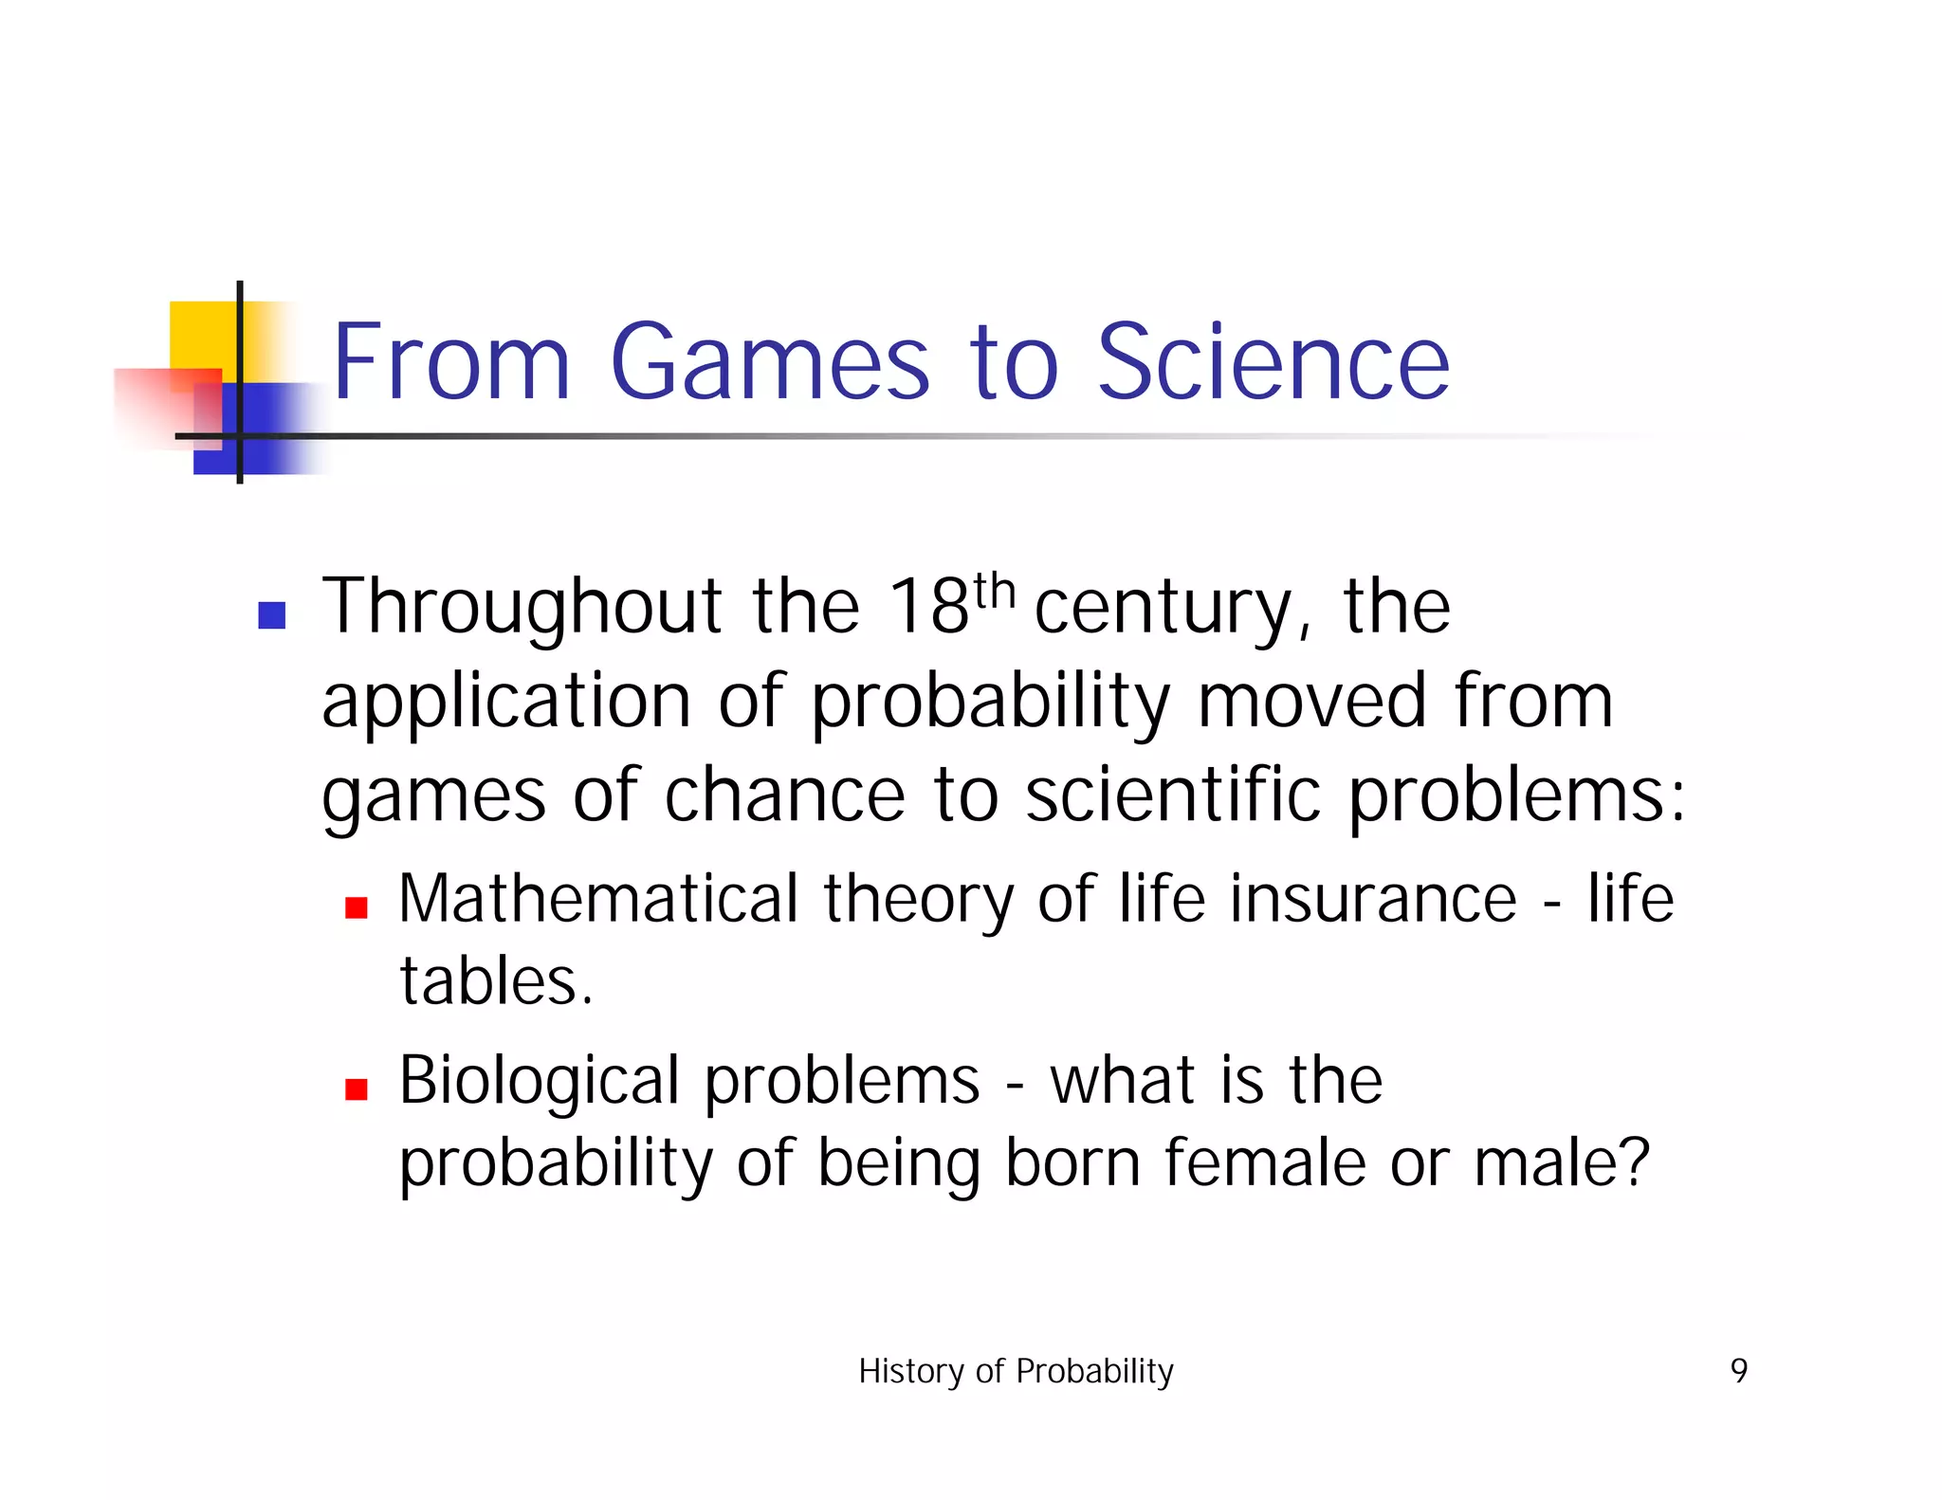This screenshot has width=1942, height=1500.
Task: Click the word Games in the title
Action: (x=769, y=362)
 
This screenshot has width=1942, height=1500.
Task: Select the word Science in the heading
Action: (x=1273, y=362)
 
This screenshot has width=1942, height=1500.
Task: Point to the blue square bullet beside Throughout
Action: (x=272, y=615)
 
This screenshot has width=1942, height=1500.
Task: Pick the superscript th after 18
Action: (x=994, y=593)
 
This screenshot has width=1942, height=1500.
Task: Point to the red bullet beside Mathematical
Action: (x=357, y=908)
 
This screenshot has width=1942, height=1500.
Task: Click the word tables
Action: (x=496, y=981)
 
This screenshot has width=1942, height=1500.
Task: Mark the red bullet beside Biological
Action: (x=357, y=1089)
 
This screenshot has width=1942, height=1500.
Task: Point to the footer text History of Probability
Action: (x=1016, y=1371)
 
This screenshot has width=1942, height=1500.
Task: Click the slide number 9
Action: (x=1738, y=1371)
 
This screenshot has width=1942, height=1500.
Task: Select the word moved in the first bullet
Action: (x=1311, y=702)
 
